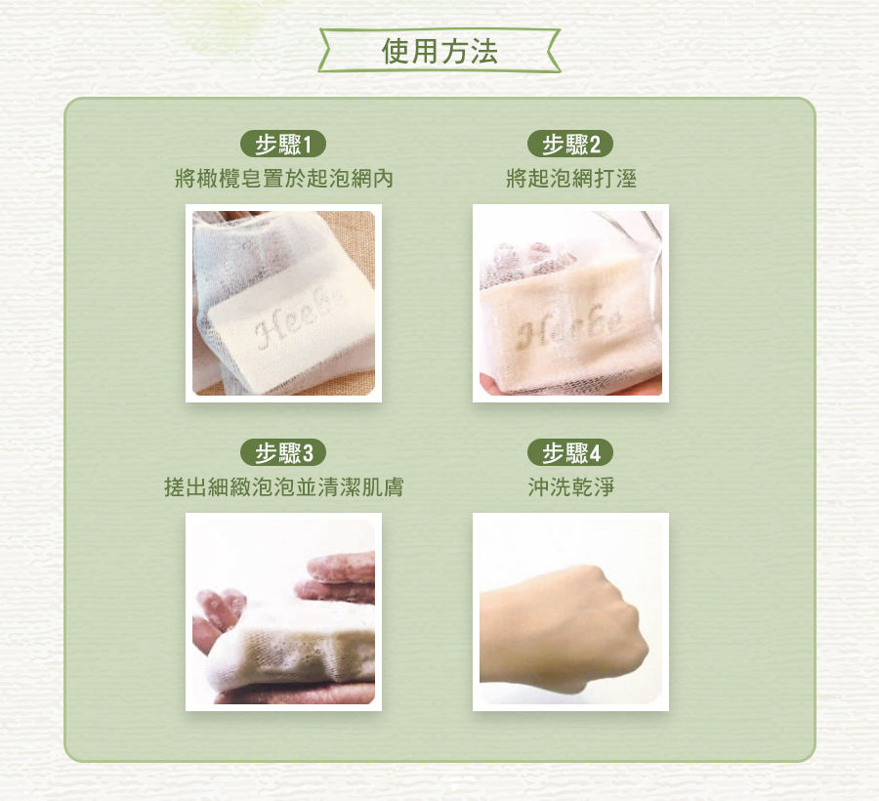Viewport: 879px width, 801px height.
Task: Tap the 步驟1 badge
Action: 283,145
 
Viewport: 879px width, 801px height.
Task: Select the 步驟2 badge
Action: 570,145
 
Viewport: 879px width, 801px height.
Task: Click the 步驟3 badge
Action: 283,453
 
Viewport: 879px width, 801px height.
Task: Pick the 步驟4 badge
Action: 570,453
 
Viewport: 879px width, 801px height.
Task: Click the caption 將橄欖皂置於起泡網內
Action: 283,179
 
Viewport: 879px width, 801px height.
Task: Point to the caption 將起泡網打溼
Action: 571,179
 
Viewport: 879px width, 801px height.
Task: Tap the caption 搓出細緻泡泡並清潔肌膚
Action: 283,486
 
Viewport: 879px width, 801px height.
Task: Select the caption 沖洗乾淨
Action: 571,486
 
